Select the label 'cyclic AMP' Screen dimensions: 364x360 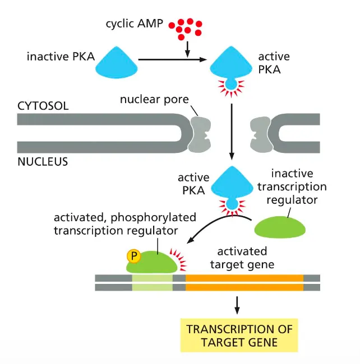tap(135, 24)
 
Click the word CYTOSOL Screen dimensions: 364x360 tap(43, 106)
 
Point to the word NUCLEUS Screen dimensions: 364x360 tap(43, 162)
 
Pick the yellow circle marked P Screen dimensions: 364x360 tap(133, 256)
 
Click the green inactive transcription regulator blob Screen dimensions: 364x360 tap(280, 227)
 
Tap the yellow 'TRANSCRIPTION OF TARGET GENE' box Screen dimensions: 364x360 tap(239, 334)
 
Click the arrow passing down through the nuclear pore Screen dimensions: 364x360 tap(230, 134)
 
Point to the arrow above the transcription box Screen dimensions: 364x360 tap(238, 303)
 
